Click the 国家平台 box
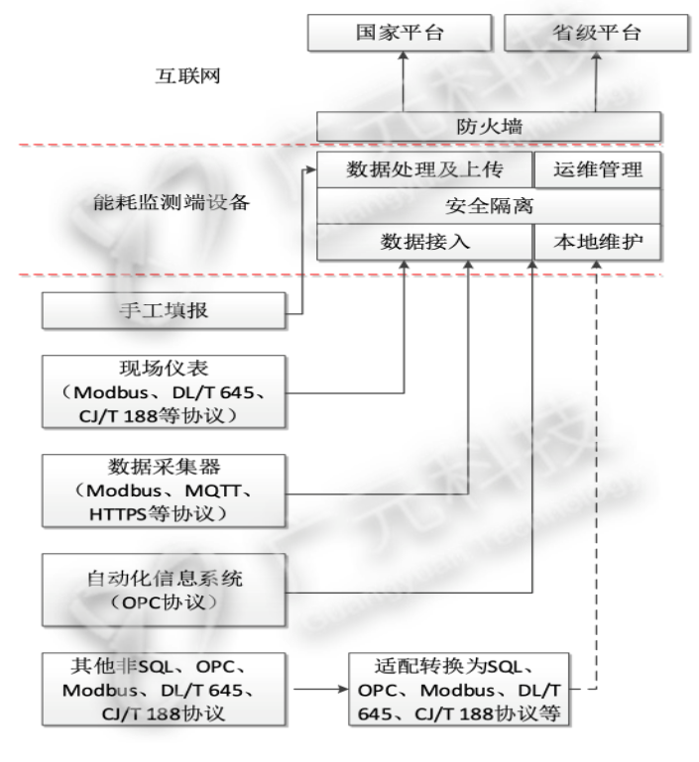(x=400, y=35)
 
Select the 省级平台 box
(x=596, y=35)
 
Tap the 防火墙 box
(x=488, y=127)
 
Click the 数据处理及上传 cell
(x=424, y=170)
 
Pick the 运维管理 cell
(x=597, y=170)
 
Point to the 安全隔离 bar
(x=488, y=206)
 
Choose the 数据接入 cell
(x=424, y=242)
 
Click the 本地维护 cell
(x=597, y=242)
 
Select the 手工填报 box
(x=163, y=314)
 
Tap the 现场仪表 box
(x=163, y=390)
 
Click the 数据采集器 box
(x=163, y=490)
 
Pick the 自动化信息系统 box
(x=163, y=589)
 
